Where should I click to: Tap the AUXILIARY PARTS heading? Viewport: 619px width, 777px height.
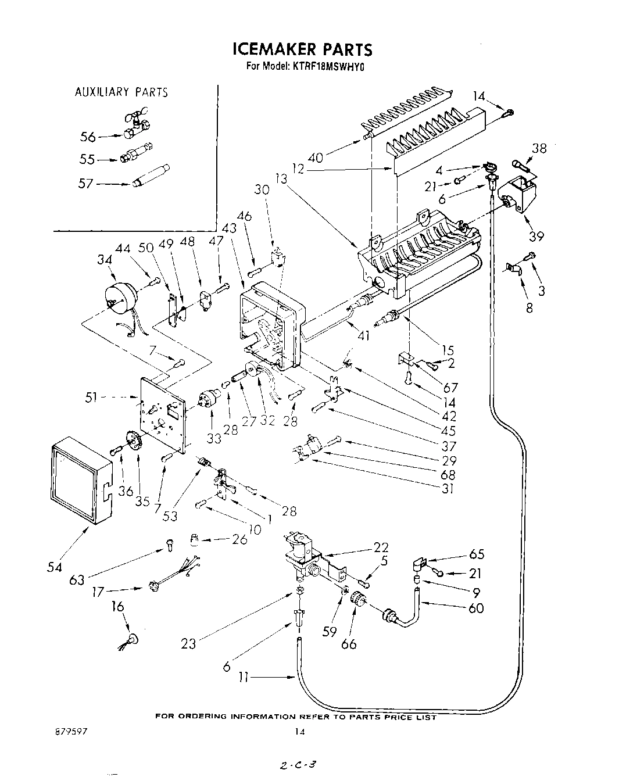click(x=121, y=92)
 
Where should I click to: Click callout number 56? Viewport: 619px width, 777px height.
click(x=87, y=137)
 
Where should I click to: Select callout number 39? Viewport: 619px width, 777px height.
click(x=535, y=235)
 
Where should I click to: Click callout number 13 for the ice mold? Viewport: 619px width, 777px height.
click(x=282, y=180)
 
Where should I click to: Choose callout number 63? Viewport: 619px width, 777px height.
click(x=77, y=579)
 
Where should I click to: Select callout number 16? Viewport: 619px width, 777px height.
click(x=118, y=607)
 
